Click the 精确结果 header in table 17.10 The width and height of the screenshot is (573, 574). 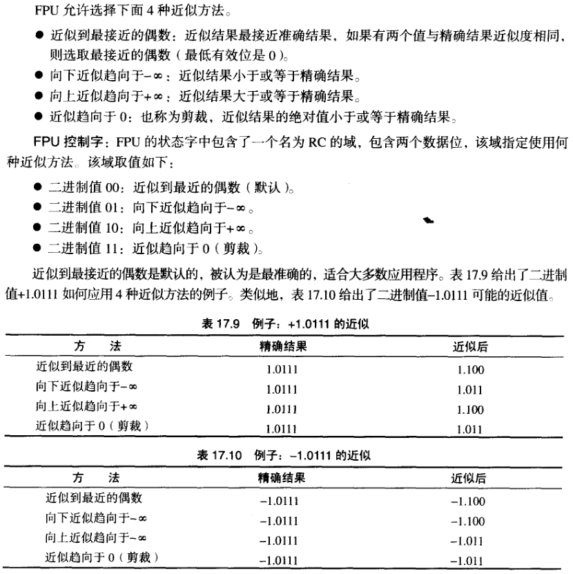tap(282, 477)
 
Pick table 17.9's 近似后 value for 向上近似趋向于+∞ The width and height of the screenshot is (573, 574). tap(470, 410)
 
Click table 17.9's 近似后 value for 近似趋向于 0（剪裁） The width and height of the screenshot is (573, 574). tap(470, 428)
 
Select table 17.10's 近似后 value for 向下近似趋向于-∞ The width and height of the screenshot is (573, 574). tap(467, 520)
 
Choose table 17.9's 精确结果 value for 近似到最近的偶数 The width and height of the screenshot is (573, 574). tap(282, 370)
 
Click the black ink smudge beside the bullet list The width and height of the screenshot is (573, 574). tap(428, 221)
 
